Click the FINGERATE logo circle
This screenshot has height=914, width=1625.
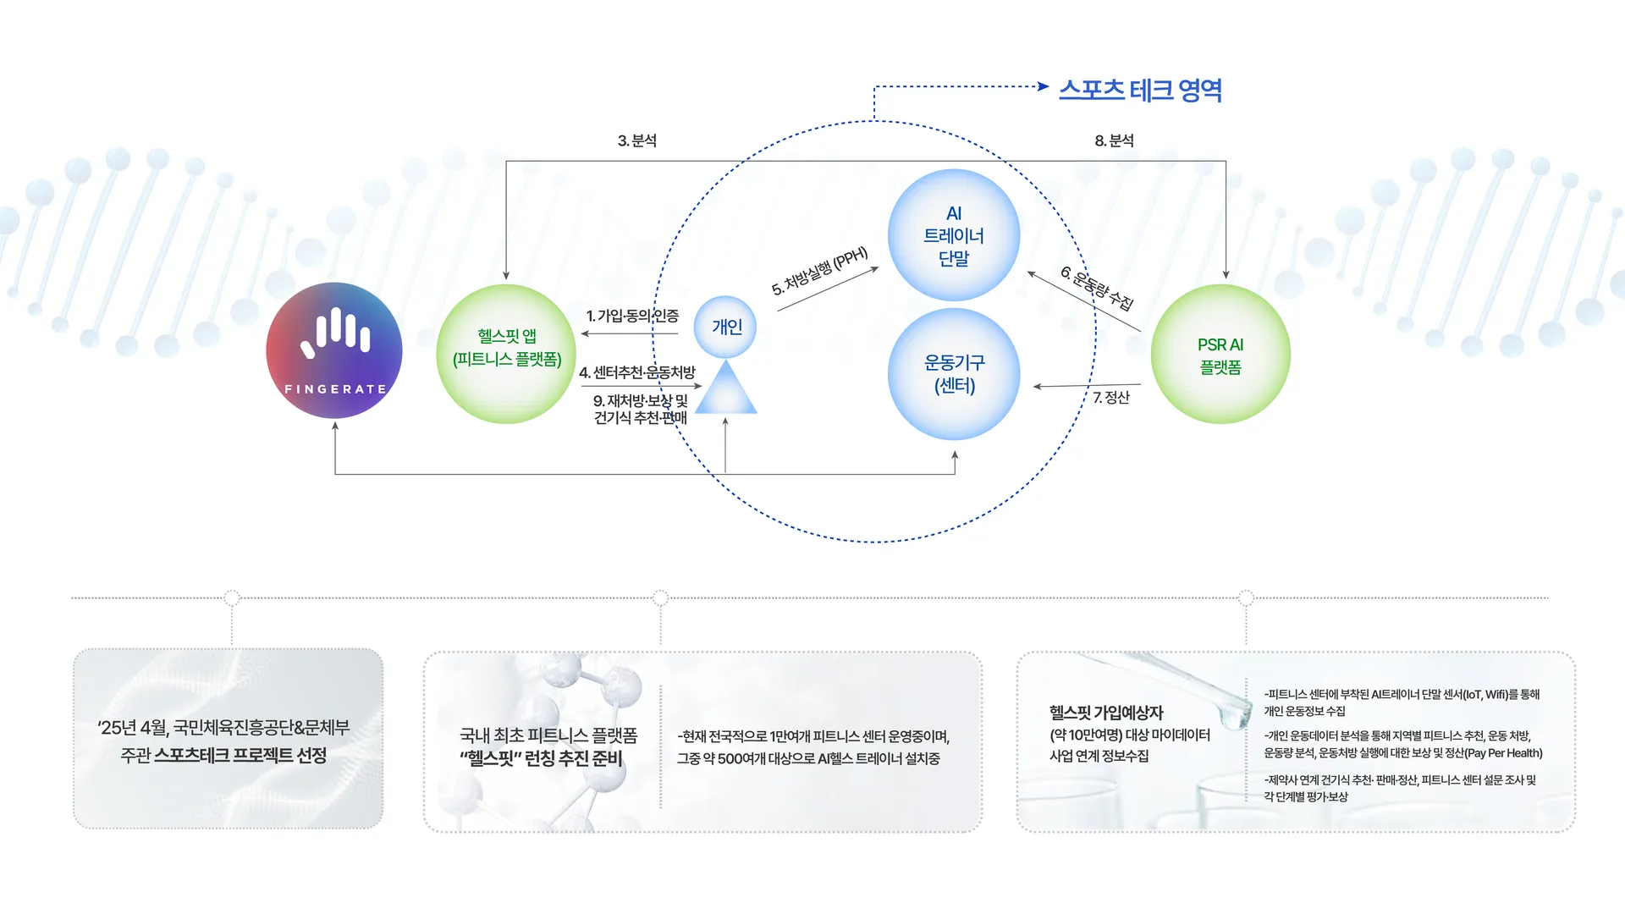(x=334, y=350)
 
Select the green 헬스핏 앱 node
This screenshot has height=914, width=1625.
(x=506, y=354)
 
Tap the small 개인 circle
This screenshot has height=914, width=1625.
(x=725, y=327)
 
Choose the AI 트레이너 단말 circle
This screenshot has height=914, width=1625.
(x=954, y=235)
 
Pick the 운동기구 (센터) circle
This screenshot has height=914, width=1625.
(x=954, y=374)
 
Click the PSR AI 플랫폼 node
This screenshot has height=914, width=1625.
(x=1220, y=355)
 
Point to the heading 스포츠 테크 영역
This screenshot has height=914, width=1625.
(x=1140, y=90)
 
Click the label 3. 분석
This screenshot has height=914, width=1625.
(x=637, y=140)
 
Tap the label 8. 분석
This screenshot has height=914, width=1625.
(x=1114, y=140)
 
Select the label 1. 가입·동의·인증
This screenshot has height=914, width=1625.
(x=632, y=316)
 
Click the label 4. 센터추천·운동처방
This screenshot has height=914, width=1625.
(x=636, y=372)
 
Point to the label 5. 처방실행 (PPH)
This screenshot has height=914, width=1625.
(x=819, y=271)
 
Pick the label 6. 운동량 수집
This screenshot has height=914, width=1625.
(x=1097, y=288)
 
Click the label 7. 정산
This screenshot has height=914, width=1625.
(x=1111, y=397)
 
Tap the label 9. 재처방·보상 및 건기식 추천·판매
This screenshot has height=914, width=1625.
(x=641, y=409)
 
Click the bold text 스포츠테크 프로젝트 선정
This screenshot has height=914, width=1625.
(x=240, y=755)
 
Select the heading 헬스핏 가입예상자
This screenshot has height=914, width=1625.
(x=1106, y=713)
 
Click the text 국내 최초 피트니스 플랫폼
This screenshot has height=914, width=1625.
(x=548, y=735)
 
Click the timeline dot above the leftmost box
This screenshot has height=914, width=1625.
(x=232, y=598)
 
